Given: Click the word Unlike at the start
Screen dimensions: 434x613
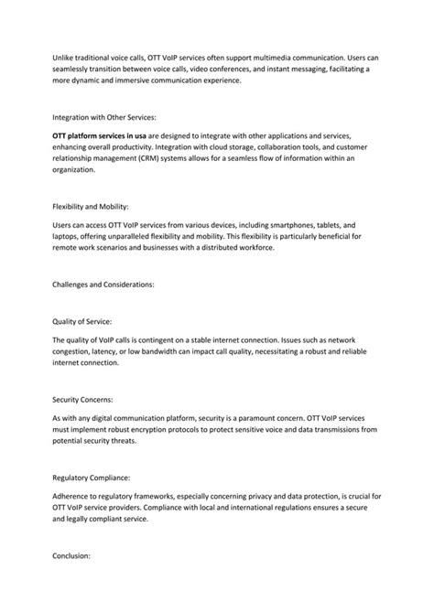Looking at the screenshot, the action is pos(64,58).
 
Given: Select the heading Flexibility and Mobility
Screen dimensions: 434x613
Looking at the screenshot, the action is pos(90,206).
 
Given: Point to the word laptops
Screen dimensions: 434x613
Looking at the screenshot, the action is pos(68,235).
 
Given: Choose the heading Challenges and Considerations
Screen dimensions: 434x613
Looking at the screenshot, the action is pos(103,284).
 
